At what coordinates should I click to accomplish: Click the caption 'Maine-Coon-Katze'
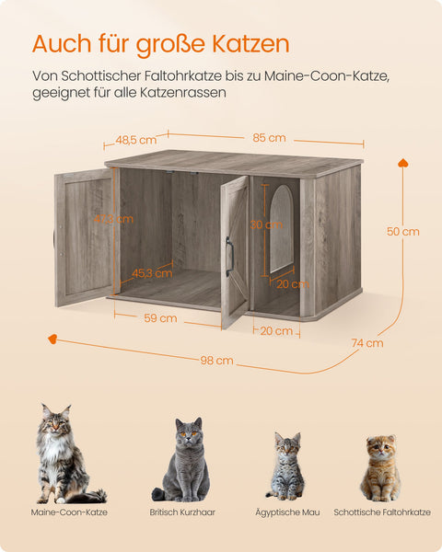pos(69,512)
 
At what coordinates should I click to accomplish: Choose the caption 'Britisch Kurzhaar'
pos(182,512)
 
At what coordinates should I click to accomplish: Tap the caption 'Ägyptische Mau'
pos(286,512)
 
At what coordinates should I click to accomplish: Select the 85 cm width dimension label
pos(269,138)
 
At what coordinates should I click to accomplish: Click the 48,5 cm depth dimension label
pos(135,140)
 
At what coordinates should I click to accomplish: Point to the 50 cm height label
pos(403,232)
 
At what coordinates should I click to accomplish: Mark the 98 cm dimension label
pos(217,360)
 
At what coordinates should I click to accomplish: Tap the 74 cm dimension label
pos(366,343)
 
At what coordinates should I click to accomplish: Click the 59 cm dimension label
pos(161,318)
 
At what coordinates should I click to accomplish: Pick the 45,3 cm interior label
pos(152,272)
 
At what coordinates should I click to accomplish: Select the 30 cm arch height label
pos(267,224)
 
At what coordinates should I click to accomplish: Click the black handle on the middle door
pos(228,251)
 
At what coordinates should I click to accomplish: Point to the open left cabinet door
pos(84,236)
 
